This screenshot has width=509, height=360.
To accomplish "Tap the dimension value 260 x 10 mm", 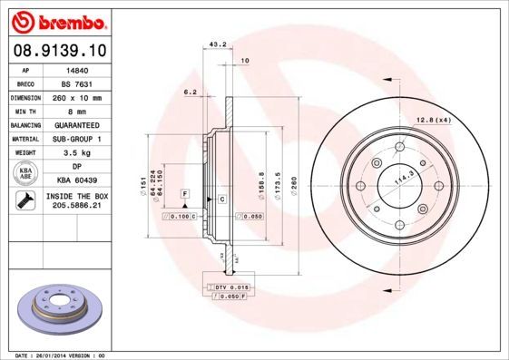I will (78, 96).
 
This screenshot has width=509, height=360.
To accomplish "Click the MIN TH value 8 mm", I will (78, 111).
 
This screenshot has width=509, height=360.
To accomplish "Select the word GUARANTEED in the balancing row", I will (78, 125).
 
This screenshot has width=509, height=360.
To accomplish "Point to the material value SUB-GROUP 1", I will (78, 140).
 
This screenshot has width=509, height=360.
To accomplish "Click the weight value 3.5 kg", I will (78, 154).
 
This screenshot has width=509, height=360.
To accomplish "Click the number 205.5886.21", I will (78, 207).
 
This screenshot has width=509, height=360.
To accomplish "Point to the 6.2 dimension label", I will (191, 92).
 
